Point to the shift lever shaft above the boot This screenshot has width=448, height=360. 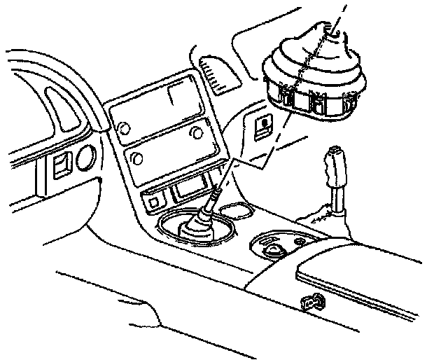point(214,197)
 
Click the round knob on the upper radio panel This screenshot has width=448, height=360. point(123,129)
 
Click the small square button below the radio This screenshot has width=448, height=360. point(153,203)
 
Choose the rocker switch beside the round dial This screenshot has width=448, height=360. point(60,167)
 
